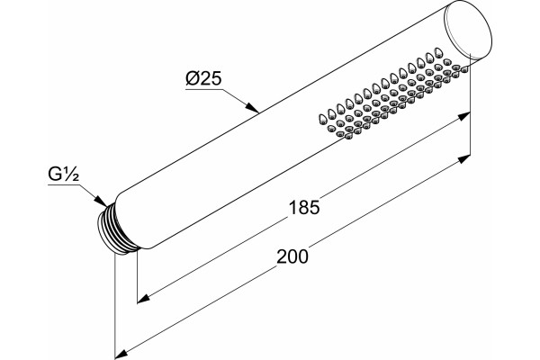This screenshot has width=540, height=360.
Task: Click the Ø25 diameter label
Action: (x=203, y=79)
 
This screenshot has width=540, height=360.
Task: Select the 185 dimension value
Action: (x=304, y=208)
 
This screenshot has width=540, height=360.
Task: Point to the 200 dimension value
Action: (x=292, y=256)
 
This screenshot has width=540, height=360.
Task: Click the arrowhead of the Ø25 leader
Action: (x=252, y=107)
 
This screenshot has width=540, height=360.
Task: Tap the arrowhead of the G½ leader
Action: (x=100, y=201)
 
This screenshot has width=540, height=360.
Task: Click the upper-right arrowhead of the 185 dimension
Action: (x=463, y=116)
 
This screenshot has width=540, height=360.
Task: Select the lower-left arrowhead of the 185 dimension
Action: (x=144, y=298)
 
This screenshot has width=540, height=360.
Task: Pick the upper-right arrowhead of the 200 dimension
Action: (x=463, y=159)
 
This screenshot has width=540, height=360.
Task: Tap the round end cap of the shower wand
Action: (x=468, y=31)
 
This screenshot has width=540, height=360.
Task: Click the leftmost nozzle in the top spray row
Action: (x=323, y=119)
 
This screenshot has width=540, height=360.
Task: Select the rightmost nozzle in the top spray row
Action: (x=438, y=52)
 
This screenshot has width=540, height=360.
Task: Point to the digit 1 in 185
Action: (x=292, y=208)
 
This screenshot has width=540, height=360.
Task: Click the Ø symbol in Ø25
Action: (x=192, y=79)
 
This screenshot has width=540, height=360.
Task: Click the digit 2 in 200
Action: (x=282, y=256)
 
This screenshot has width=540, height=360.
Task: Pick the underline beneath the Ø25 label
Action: (x=204, y=89)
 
